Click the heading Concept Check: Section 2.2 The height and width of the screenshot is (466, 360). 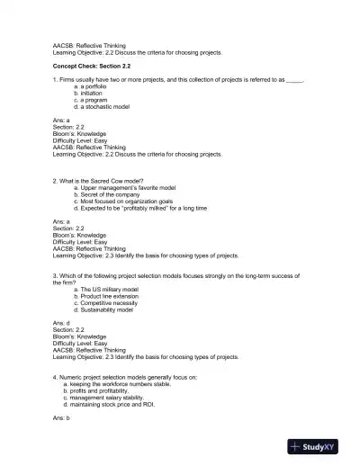click(94, 66)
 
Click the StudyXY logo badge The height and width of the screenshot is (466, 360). click(319, 446)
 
